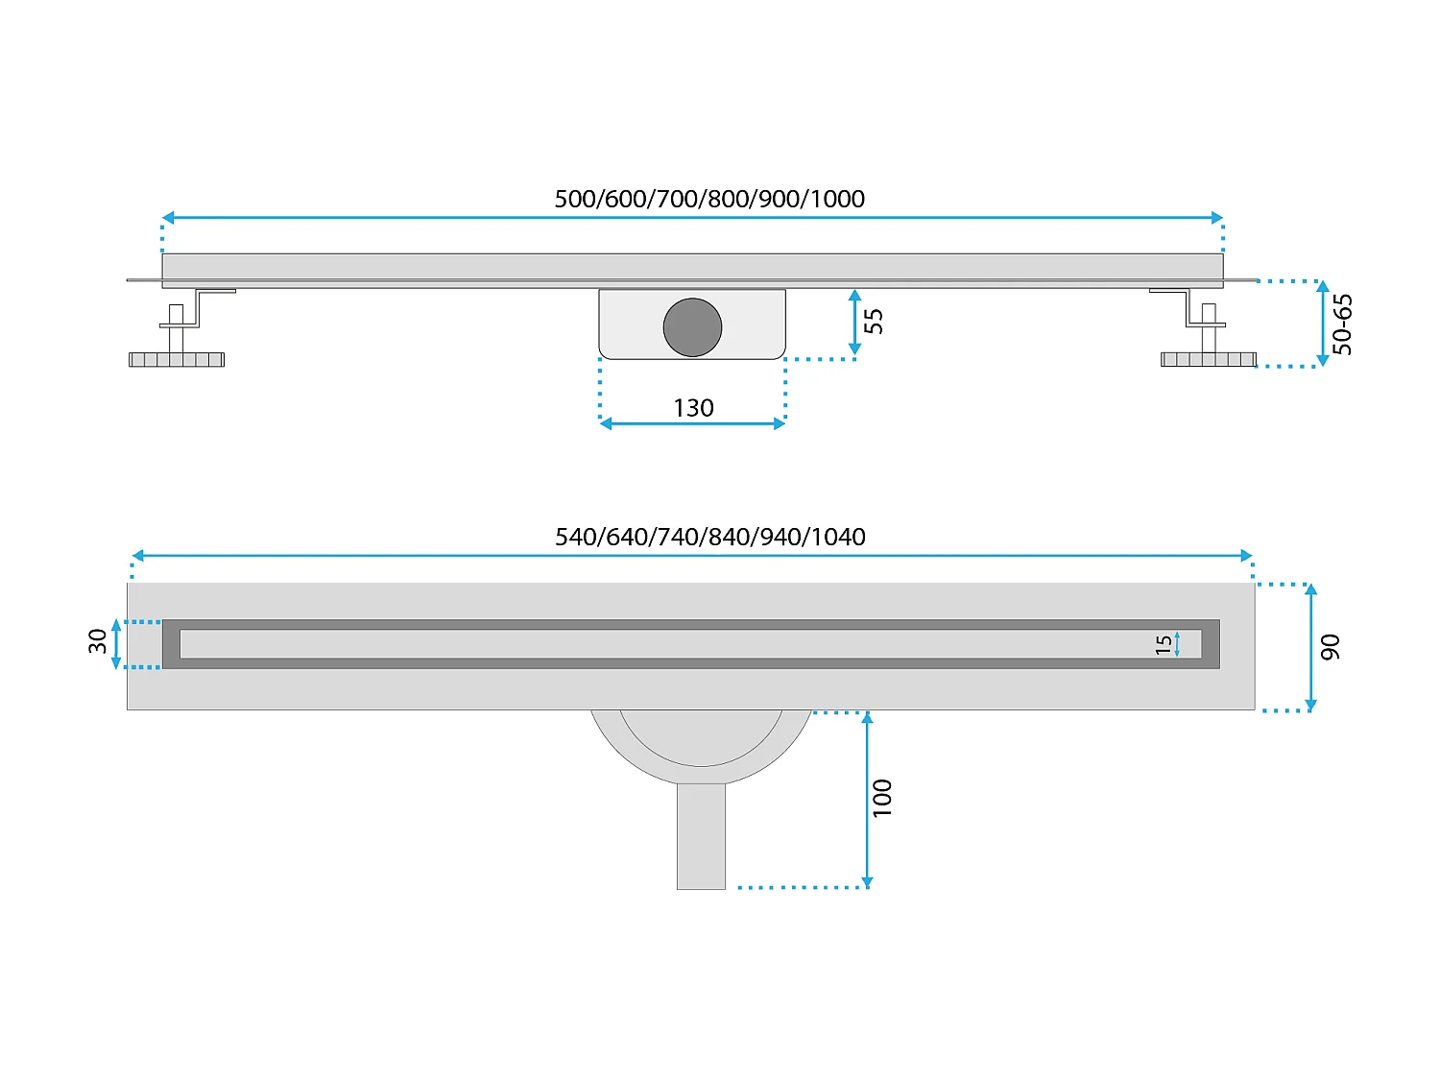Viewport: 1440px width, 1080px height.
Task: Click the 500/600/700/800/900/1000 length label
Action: pyautogui.click(x=709, y=199)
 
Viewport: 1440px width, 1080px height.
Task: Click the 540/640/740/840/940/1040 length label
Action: pyautogui.click(x=709, y=537)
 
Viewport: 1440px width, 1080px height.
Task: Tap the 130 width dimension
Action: pyautogui.click(x=693, y=408)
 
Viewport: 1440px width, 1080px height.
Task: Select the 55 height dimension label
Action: pyautogui.click(x=874, y=321)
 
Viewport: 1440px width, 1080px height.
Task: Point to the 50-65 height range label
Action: pyautogui.click(x=1343, y=324)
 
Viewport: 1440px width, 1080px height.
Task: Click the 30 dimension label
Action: pyautogui.click(x=98, y=641)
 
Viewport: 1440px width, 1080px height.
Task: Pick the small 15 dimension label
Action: pyautogui.click(x=1164, y=644)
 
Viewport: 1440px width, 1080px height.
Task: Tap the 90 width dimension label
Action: pyautogui.click(x=1331, y=647)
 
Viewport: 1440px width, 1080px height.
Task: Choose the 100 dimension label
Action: pyautogui.click(x=882, y=798)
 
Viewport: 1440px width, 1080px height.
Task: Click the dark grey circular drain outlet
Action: pyautogui.click(x=692, y=326)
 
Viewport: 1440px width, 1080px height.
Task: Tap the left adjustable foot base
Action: pyautogui.click(x=177, y=359)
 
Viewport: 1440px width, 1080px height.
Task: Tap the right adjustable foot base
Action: pyautogui.click(x=1208, y=359)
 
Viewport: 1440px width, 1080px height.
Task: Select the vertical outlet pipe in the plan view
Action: pyautogui.click(x=701, y=835)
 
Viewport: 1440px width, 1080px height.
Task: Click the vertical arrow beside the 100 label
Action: pyautogui.click(x=867, y=800)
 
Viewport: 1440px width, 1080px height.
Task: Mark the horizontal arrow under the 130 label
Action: pyautogui.click(x=692, y=423)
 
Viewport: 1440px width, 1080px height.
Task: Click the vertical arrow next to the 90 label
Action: pyautogui.click(x=1311, y=647)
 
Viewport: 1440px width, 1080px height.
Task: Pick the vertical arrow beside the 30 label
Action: pyautogui.click(x=117, y=643)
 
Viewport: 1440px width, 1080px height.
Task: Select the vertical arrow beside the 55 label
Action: pyautogui.click(x=854, y=323)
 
